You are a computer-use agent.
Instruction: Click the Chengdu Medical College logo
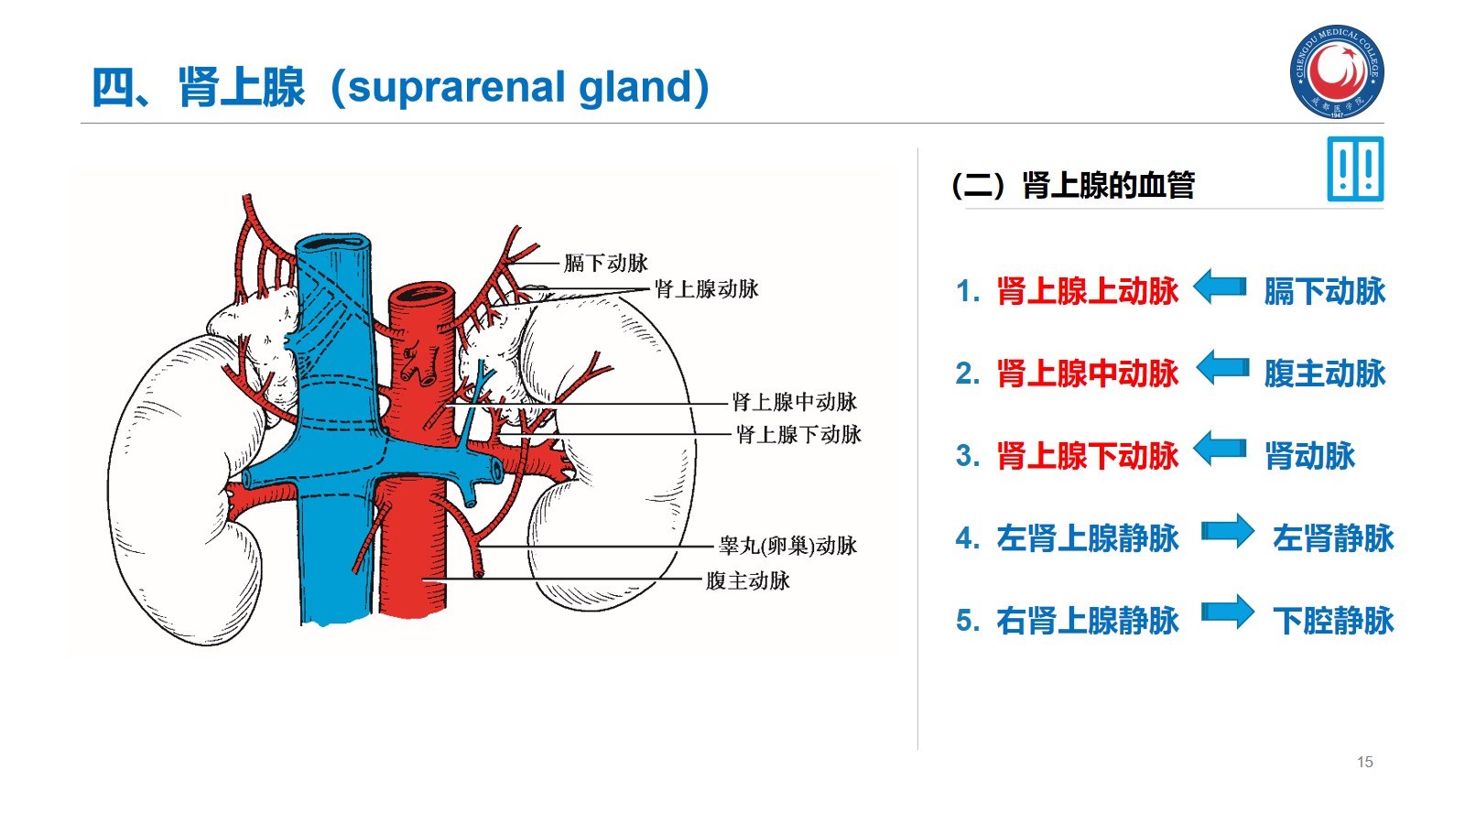click(1337, 71)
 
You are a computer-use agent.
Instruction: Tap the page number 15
click(1364, 762)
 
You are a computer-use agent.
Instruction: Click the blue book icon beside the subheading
click(1355, 169)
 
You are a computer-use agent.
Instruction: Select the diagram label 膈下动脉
click(606, 264)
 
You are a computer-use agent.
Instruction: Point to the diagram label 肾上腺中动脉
click(794, 402)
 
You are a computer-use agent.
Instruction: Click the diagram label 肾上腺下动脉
click(798, 435)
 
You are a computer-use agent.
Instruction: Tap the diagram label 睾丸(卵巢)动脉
click(787, 546)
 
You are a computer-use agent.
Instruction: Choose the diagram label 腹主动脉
click(747, 580)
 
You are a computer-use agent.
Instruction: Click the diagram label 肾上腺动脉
click(706, 289)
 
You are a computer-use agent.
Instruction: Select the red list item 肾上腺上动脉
click(1087, 291)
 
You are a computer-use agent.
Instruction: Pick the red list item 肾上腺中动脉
click(1087, 374)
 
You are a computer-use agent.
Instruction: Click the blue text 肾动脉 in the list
click(1309, 456)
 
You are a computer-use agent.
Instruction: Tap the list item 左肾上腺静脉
click(1087, 538)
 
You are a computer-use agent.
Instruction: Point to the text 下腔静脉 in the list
click(1333, 621)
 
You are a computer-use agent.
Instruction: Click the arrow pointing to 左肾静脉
click(1227, 531)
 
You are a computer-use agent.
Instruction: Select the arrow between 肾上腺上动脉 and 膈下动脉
click(1221, 287)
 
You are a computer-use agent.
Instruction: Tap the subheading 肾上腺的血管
click(1108, 185)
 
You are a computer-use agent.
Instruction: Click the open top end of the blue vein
click(333, 244)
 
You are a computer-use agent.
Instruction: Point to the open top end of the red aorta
click(422, 295)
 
